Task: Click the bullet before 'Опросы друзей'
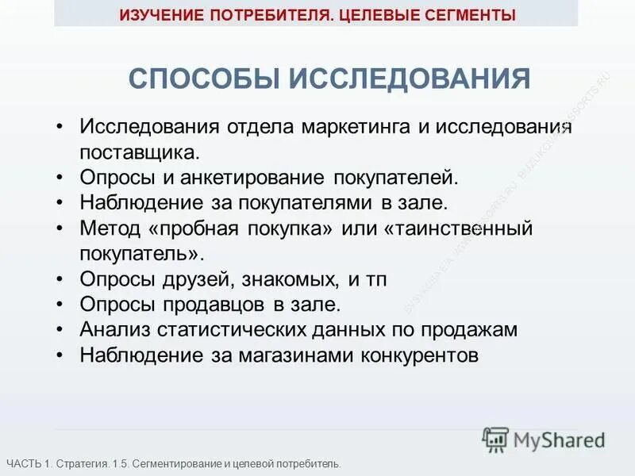(x=60, y=279)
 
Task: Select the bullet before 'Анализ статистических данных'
(x=60, y=330)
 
